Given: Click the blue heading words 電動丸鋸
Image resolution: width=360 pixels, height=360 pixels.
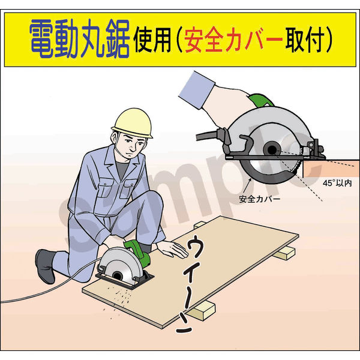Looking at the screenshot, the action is pos(79,38).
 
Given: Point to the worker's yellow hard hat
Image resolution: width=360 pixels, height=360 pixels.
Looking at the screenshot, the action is pos(133,123).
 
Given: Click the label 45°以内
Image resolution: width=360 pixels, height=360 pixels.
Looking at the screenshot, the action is pos(337,183).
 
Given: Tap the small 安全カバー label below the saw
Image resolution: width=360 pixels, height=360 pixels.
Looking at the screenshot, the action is pos(259,199).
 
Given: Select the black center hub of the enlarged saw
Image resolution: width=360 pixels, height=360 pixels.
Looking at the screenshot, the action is pos(272,150).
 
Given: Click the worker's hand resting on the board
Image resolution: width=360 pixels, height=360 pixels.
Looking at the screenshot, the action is pos(172,249).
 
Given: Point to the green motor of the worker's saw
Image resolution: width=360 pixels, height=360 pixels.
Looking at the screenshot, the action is pos(138,251).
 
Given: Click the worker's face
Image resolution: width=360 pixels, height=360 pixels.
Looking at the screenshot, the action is pos(130,145).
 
